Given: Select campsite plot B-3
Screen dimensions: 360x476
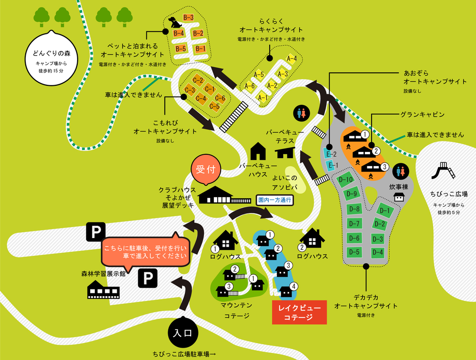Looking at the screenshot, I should pos(188,18).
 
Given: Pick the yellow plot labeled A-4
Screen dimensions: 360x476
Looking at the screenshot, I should pos(292,59).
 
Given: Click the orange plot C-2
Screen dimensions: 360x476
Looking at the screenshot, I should pos(198,80).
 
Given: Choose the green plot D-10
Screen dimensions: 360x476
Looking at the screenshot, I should pos(347,180).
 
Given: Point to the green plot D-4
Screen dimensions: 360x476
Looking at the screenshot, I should pos(377,252).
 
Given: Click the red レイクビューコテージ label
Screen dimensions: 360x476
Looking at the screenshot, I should pos(299,312).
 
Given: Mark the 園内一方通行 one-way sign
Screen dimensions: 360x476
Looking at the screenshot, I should pos(274,200).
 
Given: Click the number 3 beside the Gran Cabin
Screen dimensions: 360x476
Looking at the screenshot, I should pos(385,167).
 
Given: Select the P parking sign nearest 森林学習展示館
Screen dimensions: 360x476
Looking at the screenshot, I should pos(147,278).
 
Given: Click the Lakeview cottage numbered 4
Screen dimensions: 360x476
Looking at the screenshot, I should pos(287,291).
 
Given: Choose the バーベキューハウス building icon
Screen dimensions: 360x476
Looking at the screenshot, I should pos(258,151).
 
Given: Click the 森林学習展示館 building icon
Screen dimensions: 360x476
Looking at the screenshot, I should pos(103,290).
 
